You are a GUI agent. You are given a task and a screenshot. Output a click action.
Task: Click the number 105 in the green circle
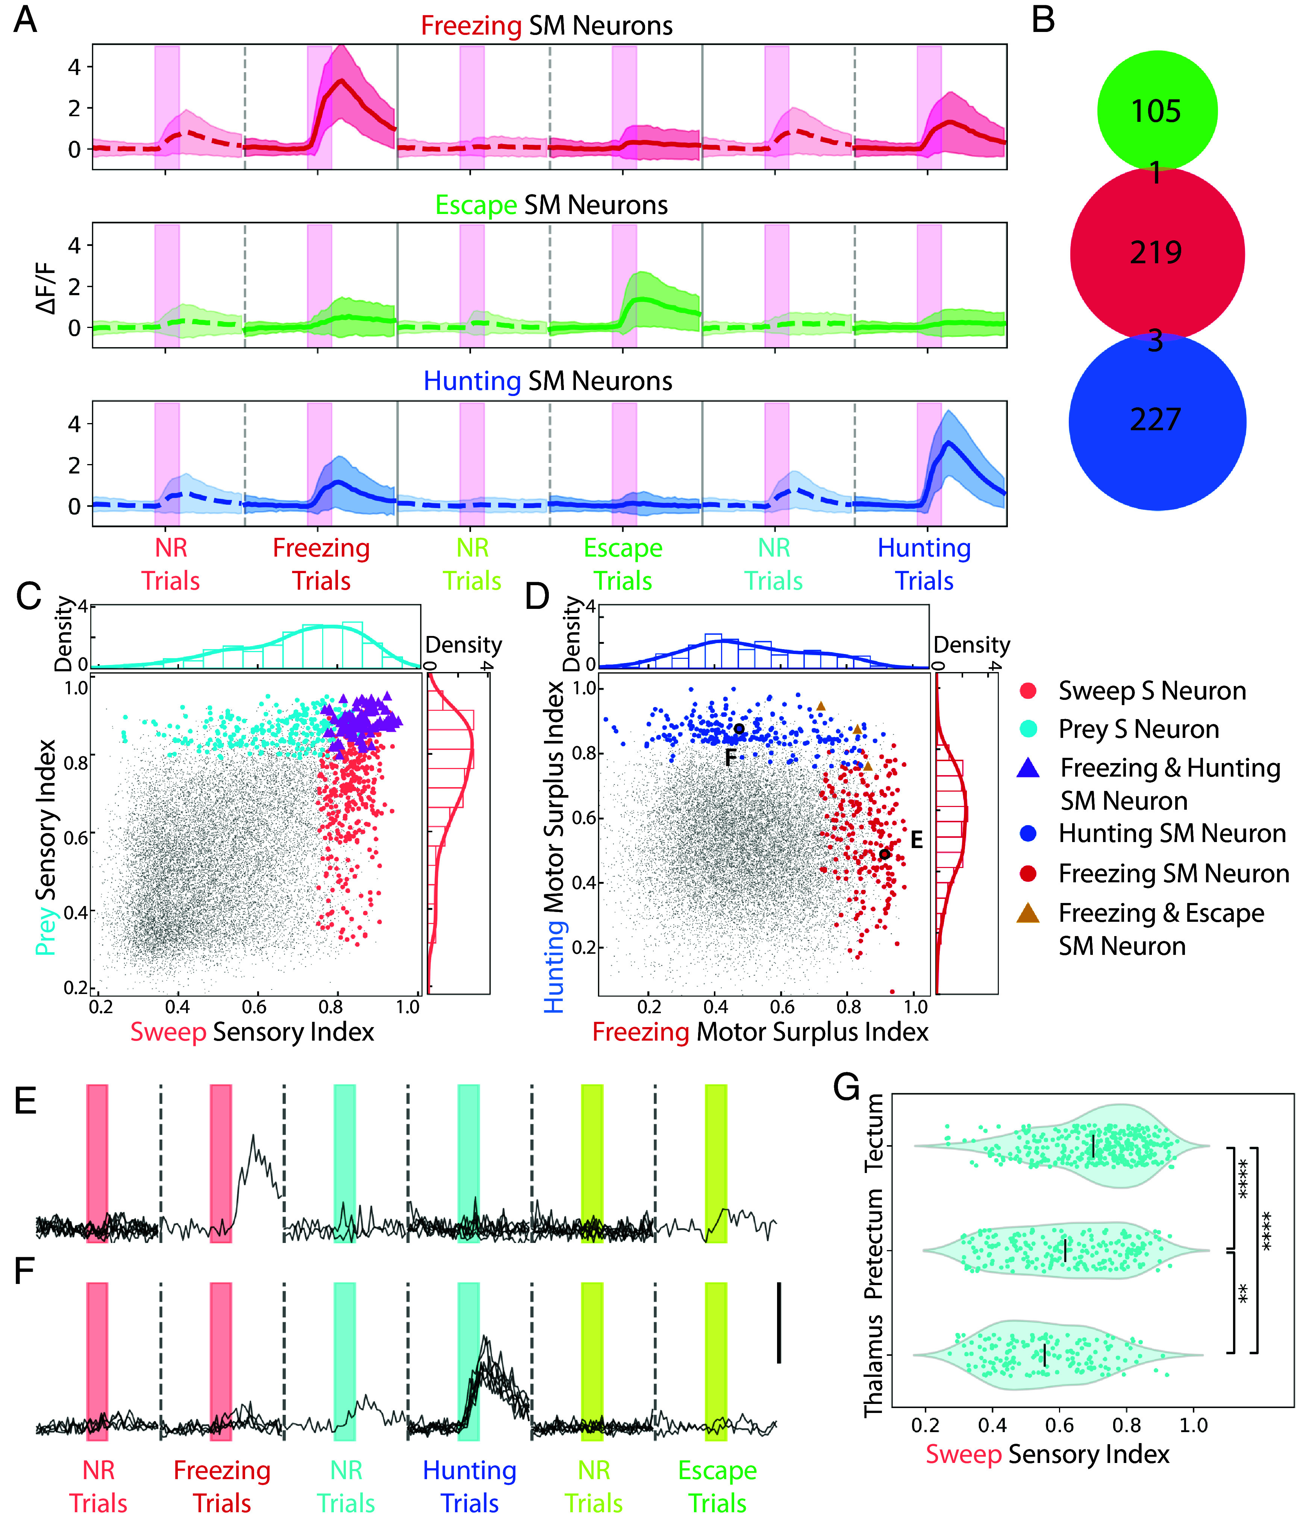(x=1156, y=111)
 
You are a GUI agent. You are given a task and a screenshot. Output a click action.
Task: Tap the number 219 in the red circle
(x=1156, y=253)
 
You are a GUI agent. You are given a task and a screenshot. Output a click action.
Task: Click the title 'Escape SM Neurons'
(x=551, y=205)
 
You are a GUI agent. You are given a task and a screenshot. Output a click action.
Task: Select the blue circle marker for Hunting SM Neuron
(x=1028, y=833)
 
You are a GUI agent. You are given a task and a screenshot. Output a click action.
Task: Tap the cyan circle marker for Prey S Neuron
(x=1028, y=729)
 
